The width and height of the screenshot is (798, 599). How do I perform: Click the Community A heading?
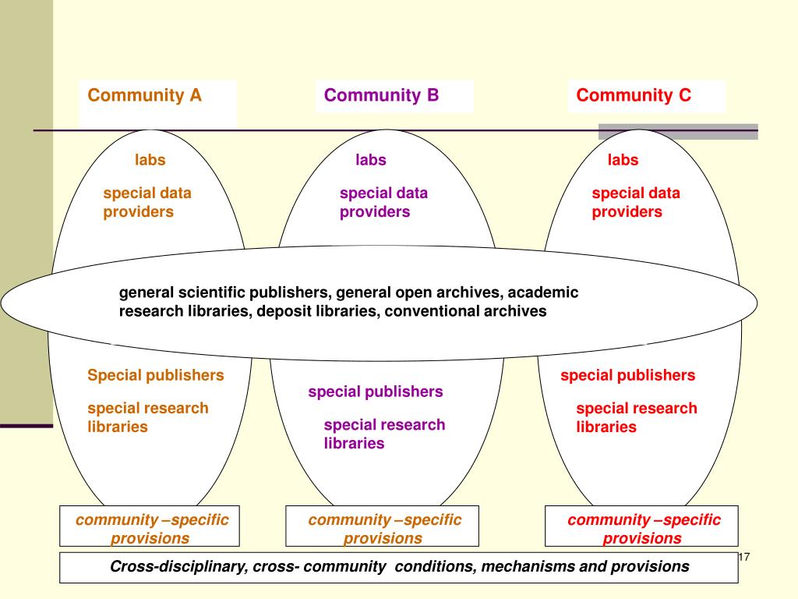coord(145,96)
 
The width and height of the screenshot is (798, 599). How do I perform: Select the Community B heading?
coord(382,96)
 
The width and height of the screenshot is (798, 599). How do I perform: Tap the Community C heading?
coord(634,96)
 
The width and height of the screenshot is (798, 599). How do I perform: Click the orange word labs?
coord(150,160)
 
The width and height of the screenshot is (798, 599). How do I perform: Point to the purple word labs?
coord(371,160)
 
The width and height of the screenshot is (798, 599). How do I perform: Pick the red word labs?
coord(623,160)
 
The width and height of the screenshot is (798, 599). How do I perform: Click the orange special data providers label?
coord(147,202)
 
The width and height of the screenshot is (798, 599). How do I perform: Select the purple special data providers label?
coord(383,202)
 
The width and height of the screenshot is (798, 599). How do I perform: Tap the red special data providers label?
coord(636,202)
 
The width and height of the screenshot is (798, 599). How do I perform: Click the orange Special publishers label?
coord(156,375)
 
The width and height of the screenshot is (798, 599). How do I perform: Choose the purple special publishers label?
coord(376,392)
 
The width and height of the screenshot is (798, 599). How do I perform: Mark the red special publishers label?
coord(627,375)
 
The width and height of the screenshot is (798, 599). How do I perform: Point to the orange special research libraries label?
coord(148,417)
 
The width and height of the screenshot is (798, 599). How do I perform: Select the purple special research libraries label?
coord(384,434)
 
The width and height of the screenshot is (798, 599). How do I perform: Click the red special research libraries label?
coord(637,417)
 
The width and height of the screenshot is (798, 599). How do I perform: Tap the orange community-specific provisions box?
coord(150,528)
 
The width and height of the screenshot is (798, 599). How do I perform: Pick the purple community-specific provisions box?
coord(383,528)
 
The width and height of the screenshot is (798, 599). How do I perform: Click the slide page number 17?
coord(743,557)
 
